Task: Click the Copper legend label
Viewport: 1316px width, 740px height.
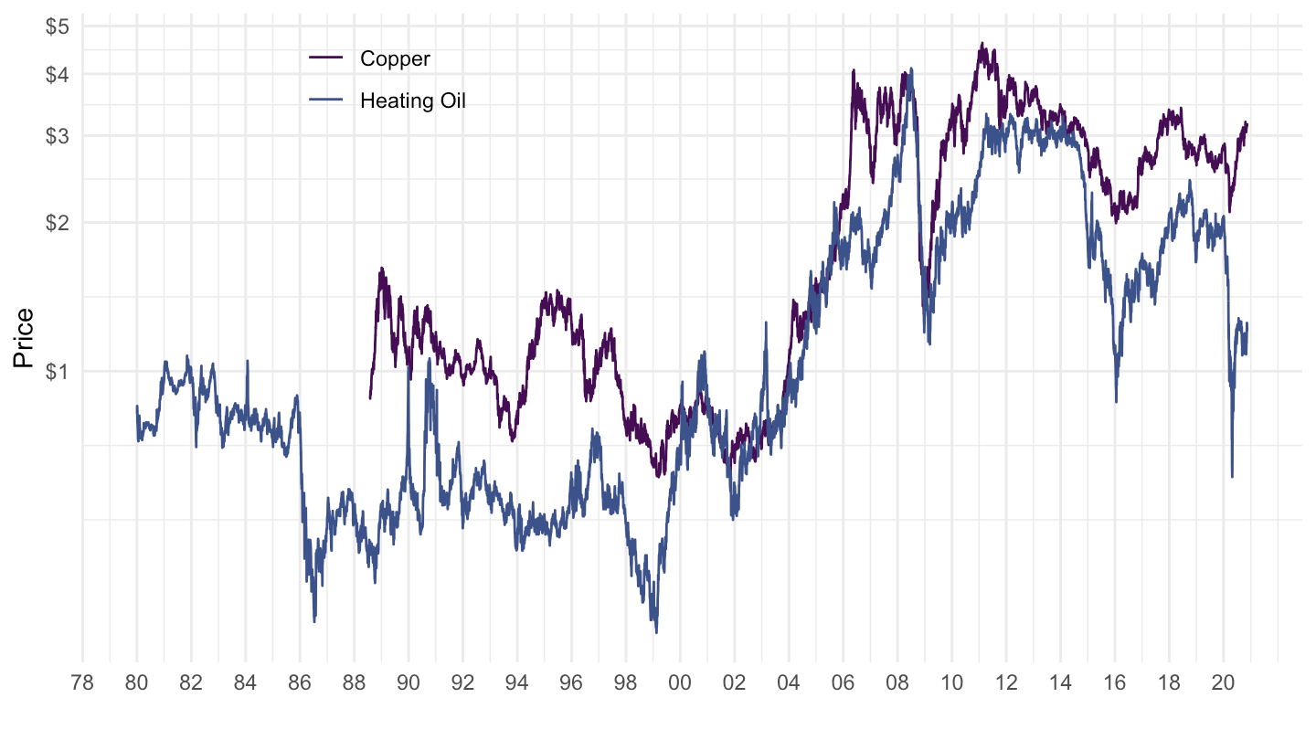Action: [395, 58]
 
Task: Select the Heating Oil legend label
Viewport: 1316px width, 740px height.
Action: [412, 100]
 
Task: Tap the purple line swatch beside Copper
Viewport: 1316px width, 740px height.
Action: [326, 58]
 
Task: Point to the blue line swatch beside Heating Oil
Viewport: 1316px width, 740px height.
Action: [326, 100]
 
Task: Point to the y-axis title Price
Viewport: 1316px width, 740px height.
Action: [24, 338]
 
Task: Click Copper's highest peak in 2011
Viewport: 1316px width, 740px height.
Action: [982, 43]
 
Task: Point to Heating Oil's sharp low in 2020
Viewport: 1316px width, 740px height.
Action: [1232, 476]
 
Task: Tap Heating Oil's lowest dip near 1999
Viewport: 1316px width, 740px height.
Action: [656, 631]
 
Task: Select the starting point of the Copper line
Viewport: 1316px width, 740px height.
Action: [370, 398]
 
